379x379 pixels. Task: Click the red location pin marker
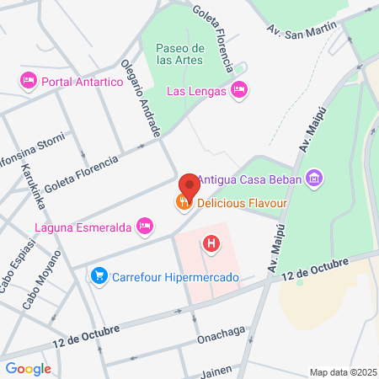pos(189,184)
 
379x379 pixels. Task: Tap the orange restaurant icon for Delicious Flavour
pos(182,202)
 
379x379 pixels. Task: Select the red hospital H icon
pos(211,244)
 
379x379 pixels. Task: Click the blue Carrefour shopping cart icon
pos(99,275)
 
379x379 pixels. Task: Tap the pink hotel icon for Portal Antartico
pos(28,80)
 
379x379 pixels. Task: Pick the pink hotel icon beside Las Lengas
pos(239,90)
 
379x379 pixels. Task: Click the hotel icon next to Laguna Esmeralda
pos(145,226)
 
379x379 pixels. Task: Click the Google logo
pos(28,368)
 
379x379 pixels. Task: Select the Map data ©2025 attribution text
pos(342,372)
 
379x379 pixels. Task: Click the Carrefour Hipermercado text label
pos(176,276)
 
